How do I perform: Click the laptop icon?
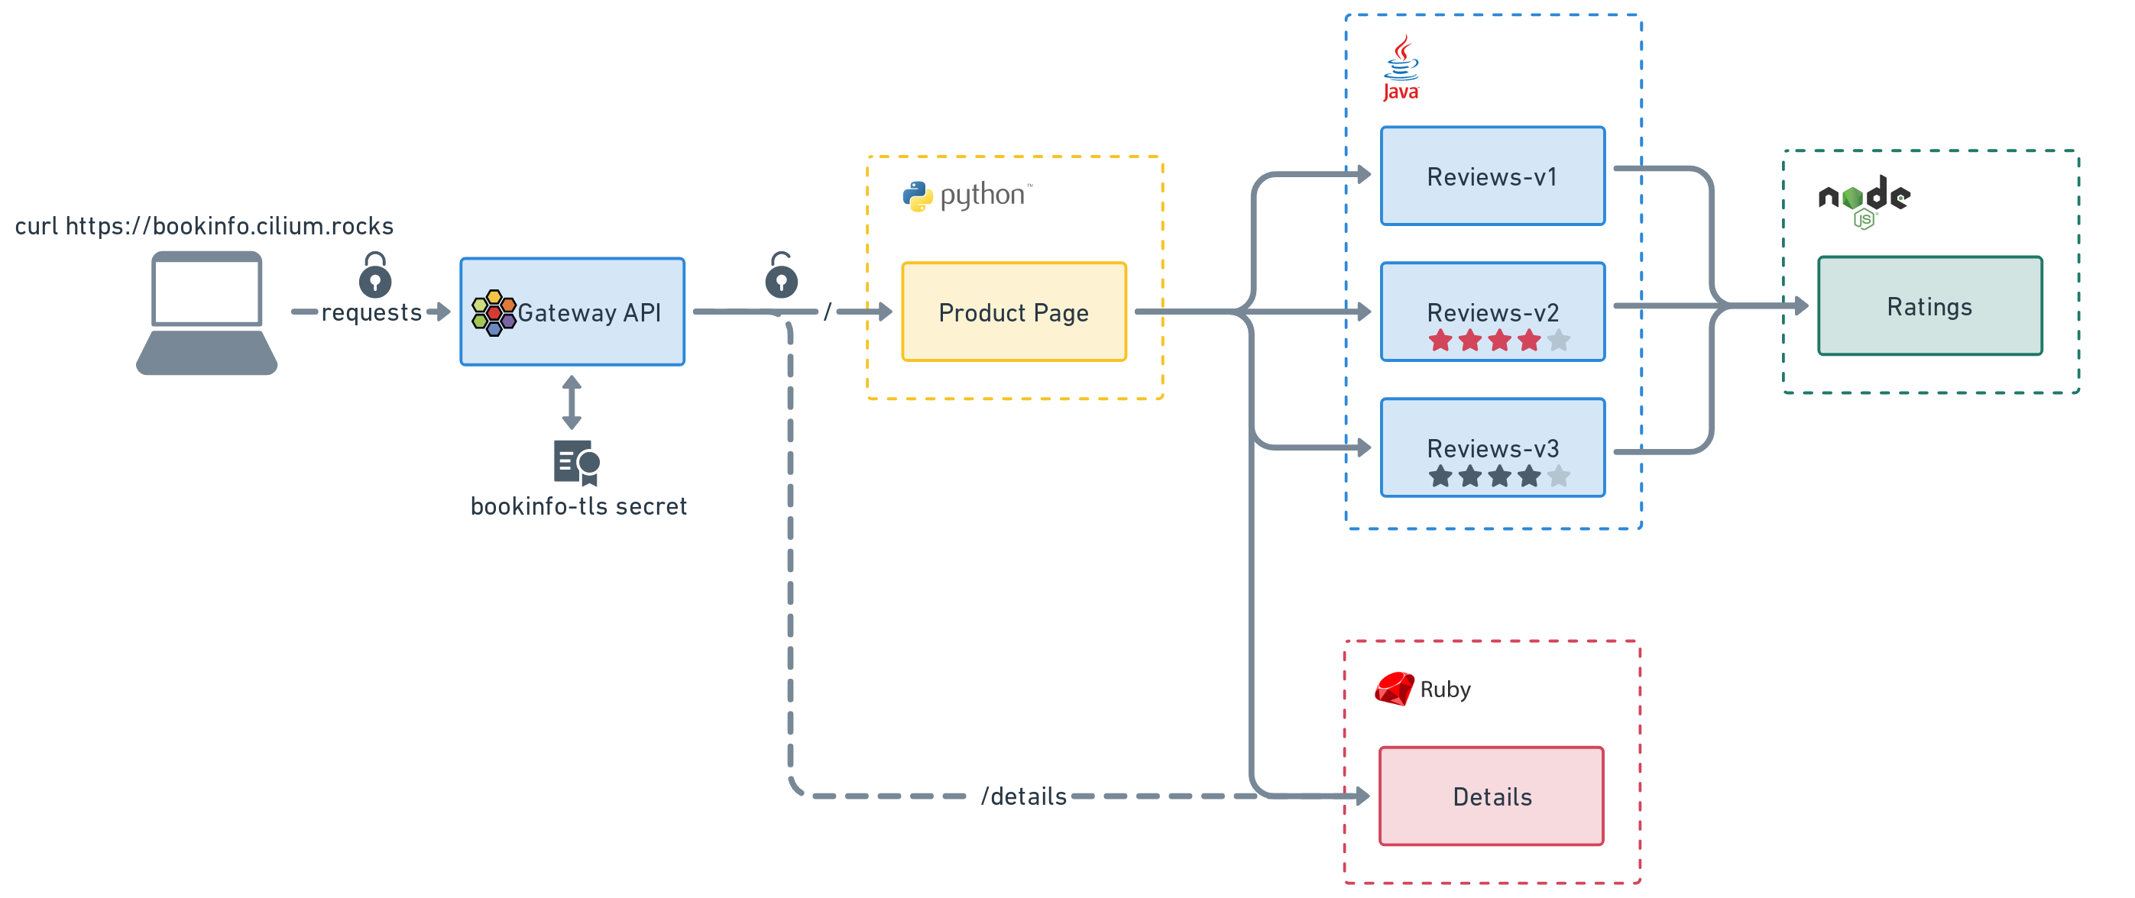[x=206, y=313]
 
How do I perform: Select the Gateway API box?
[x=572, y=312]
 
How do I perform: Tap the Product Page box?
[x=1013, y=312]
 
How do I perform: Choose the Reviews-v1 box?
[x=1492, y=176]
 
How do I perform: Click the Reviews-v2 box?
[x=1492, y=312]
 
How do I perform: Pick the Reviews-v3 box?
[x=1492, y=447]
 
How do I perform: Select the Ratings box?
[x=1930, y=305]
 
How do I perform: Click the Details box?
[x=1491, y=796]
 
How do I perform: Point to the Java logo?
[x=1401, y=68]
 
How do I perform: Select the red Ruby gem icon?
[x=1395, y=689]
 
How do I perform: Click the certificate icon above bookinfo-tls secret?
[x=577, y=462]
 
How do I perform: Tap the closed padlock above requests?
[x=375, y=275]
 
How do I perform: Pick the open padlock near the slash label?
[x=782, y=275]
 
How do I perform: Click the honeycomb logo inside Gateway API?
[x=494, y=312]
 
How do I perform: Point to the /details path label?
[x=1024, y=796]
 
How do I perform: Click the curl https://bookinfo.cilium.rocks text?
[x=204, y=226]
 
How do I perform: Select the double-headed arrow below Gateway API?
[x=572, y=402]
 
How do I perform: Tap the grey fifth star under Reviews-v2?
[x=1559, y=340]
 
